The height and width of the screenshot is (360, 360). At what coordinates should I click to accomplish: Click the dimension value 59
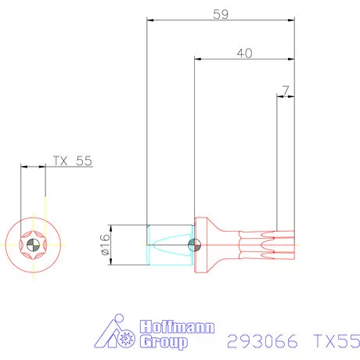pos(220,13)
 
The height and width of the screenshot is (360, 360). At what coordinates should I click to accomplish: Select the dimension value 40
pos(244,52)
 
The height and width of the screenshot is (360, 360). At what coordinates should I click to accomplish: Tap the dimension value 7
pos(286,91)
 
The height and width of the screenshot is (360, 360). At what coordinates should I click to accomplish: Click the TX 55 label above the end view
pos(72,160)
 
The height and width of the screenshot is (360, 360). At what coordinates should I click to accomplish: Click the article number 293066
pos(264,341)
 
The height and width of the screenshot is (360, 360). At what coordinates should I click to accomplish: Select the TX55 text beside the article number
pos(336,341)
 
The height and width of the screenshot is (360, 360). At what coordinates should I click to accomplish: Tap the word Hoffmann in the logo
pos(177,327)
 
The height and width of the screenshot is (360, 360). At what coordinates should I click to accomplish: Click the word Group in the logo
pos(164,342)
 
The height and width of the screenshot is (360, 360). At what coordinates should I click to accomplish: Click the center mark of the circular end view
pos(33,245)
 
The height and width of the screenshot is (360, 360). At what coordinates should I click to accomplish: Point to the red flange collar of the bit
pos(200,244)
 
